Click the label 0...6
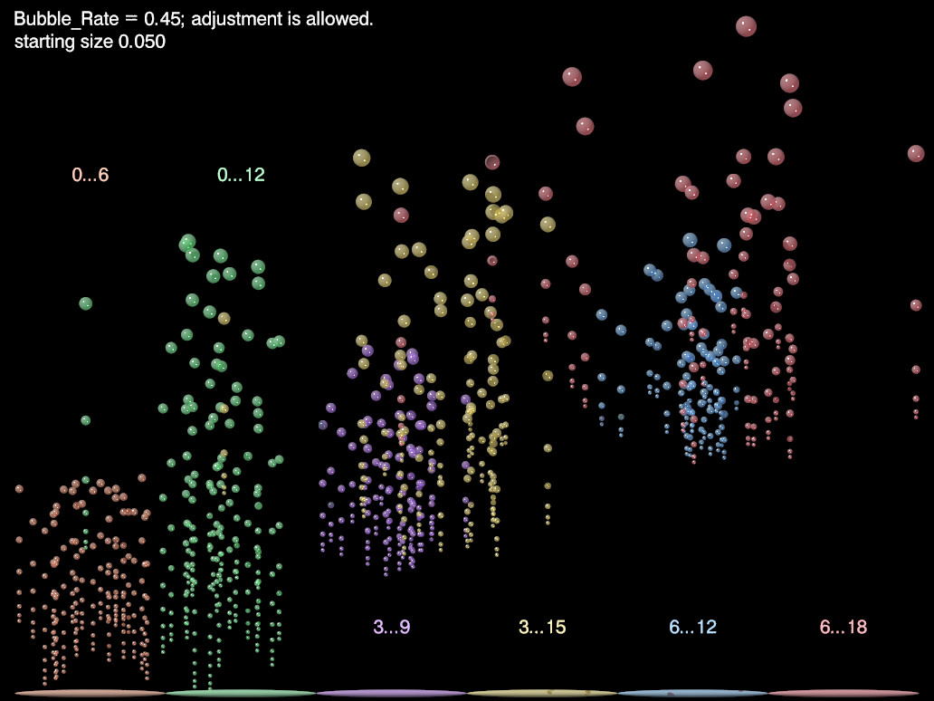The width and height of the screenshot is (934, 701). point(91,175)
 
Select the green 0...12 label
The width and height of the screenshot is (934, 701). point(241,175)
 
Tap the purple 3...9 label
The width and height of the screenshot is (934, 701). point(392,627)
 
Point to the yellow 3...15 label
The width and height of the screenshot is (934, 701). point(542,627)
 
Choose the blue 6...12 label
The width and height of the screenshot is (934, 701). point(693,627)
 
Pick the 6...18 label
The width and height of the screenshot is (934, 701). point(843,627)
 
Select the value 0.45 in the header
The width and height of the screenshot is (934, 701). point(162,19)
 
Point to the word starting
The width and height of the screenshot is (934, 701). point(45,42)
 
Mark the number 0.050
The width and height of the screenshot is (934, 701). point(141,42)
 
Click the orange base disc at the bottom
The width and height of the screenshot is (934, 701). point(91,693)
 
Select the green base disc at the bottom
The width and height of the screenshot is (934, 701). point(241,693)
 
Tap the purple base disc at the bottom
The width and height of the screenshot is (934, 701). point(392,693)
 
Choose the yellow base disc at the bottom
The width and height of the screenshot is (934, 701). point(542,693)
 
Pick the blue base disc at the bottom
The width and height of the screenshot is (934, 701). point(693,693)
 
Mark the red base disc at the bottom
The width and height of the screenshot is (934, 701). point(843,693)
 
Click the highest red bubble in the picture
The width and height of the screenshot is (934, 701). point(746,26)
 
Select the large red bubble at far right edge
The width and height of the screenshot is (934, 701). point(916,153)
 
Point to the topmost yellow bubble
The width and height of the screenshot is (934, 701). point(361,158)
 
